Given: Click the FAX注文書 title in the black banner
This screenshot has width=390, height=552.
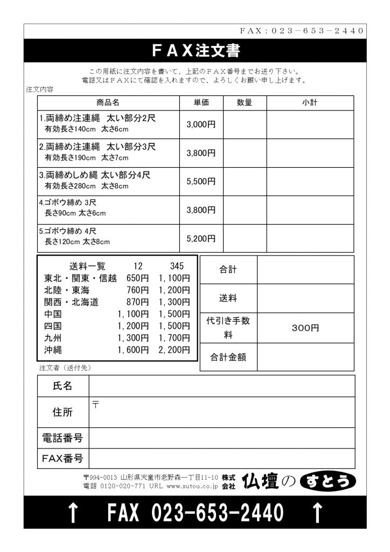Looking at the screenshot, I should [x=195, y=51].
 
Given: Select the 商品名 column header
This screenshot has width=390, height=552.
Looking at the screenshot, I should [x=108, y=102].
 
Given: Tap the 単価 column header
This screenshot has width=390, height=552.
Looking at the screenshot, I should [x=201, y=102].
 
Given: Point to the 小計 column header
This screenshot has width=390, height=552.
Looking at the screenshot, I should [x=310, y=102].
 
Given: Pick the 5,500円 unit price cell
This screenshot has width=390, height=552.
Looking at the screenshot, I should [x=201, y=182].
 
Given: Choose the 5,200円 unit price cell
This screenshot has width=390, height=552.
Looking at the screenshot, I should [x=201, y=238].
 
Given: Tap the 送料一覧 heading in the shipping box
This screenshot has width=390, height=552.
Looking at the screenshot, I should [x=88, y=266].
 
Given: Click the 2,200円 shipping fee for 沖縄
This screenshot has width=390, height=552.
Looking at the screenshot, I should [x=174, y=350].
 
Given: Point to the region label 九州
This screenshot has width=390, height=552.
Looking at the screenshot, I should [x=53, y=338].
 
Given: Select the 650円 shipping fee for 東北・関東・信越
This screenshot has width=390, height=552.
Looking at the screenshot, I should [x=137, y=279].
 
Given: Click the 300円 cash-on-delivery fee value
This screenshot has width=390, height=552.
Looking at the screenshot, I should [x=305, y=328].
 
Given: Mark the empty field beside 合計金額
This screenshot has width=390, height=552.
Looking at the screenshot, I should [x=305, y=357].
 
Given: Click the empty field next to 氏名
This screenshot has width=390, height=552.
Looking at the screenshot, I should [x=221, y=386].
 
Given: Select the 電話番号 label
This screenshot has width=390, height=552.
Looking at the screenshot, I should [x=62, y=438].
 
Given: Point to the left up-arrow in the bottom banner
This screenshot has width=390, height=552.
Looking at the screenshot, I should [x=72, y=513].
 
